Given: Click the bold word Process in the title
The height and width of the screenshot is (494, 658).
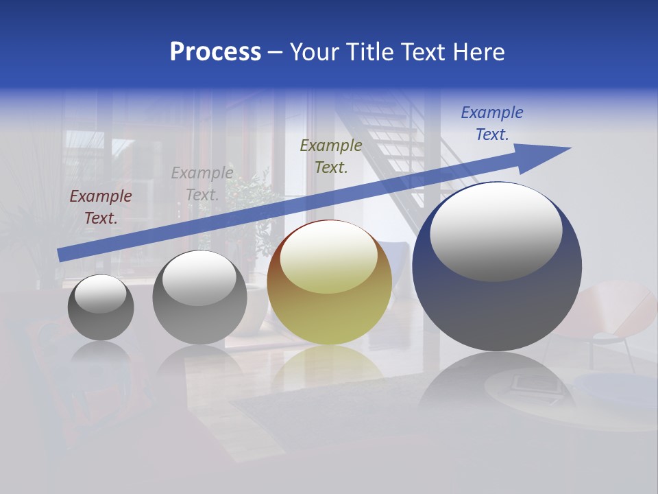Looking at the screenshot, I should [215, 52].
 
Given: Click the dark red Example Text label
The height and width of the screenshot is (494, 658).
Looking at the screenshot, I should [101, 207].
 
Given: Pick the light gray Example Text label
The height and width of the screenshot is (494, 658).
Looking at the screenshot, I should [202, 183].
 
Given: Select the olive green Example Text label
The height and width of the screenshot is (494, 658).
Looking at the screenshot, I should [331, 156].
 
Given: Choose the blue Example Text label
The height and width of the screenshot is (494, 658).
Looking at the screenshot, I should [491, 123].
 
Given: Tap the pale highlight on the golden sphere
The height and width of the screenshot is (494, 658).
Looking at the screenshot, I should [328, 256].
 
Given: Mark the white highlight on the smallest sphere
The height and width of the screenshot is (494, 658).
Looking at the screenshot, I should [101, 294].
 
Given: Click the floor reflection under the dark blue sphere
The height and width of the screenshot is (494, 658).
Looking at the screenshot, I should [497, 384].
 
